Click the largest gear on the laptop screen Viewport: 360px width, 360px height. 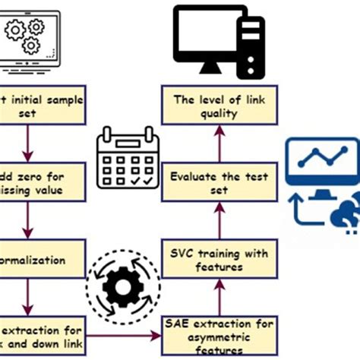(17, 30)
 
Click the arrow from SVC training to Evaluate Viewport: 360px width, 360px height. (219, 221)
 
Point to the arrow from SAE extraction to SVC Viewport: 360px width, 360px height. (219, 298)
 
